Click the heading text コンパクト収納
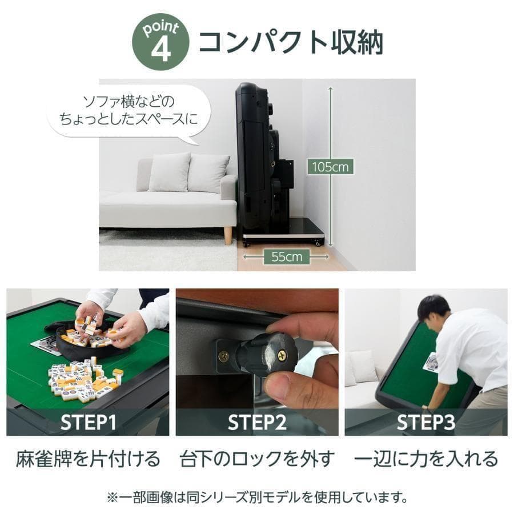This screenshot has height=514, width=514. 290,43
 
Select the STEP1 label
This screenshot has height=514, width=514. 89,422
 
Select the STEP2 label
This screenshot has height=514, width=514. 257,422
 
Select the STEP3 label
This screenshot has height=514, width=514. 425,422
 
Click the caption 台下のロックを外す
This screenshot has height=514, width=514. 257,459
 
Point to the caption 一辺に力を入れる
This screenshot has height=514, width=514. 426,459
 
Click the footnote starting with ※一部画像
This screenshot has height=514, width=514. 257,497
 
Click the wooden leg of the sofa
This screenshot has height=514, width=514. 228,235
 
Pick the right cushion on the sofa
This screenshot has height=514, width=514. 208,172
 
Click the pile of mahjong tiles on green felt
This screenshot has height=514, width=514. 83,378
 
